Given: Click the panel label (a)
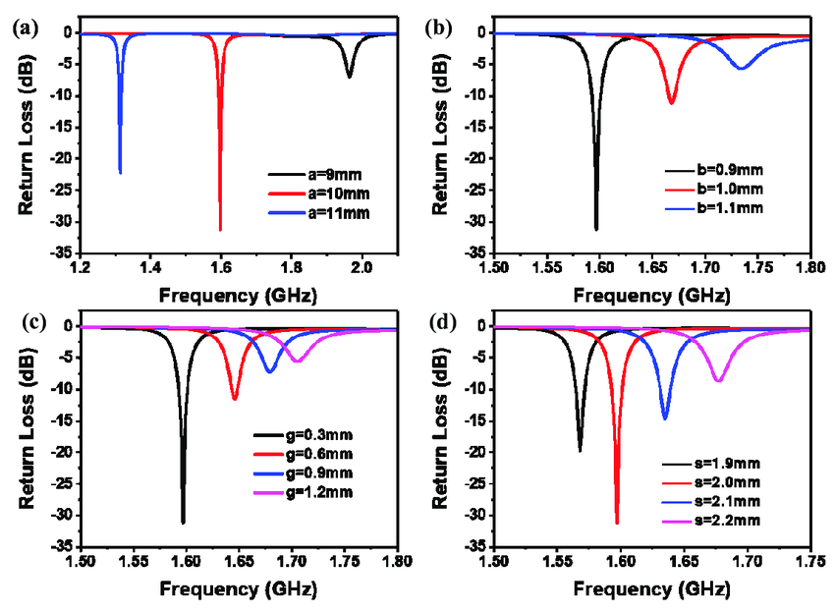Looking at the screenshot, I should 22,28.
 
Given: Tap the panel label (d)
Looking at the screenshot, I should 439,322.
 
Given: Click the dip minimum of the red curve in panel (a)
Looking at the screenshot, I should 220,230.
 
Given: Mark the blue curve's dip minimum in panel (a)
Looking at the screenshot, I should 120,173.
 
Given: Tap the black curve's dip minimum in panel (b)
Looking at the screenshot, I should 596,229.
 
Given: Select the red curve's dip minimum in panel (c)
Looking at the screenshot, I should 235,398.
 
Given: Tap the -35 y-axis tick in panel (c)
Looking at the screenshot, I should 66,546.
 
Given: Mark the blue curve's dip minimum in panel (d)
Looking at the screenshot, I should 665,418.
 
